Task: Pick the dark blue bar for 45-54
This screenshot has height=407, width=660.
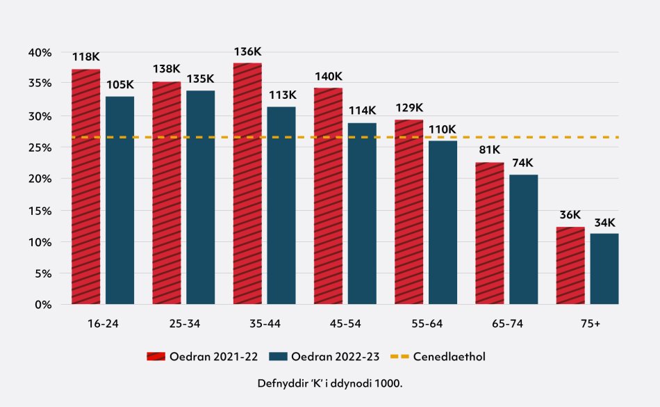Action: pos(362,214)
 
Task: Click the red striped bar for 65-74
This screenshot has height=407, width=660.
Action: pos(490,233)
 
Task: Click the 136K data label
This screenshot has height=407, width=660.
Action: pos(247,51)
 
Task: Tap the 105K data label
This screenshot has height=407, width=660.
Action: pos(120,85)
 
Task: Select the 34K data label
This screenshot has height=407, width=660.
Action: pos(604,223)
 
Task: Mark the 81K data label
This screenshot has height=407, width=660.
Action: pos(490,151)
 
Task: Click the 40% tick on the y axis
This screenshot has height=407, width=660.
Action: pos(40,52)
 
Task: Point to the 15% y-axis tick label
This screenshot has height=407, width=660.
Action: pos(40,210)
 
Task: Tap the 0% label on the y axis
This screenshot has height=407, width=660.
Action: pos(43,305)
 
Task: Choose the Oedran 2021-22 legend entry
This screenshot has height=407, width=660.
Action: pos(202,357)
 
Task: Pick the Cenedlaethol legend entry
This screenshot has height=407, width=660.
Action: pos(438,357)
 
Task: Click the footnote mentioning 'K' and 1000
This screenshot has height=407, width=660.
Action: pos(329,383)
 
